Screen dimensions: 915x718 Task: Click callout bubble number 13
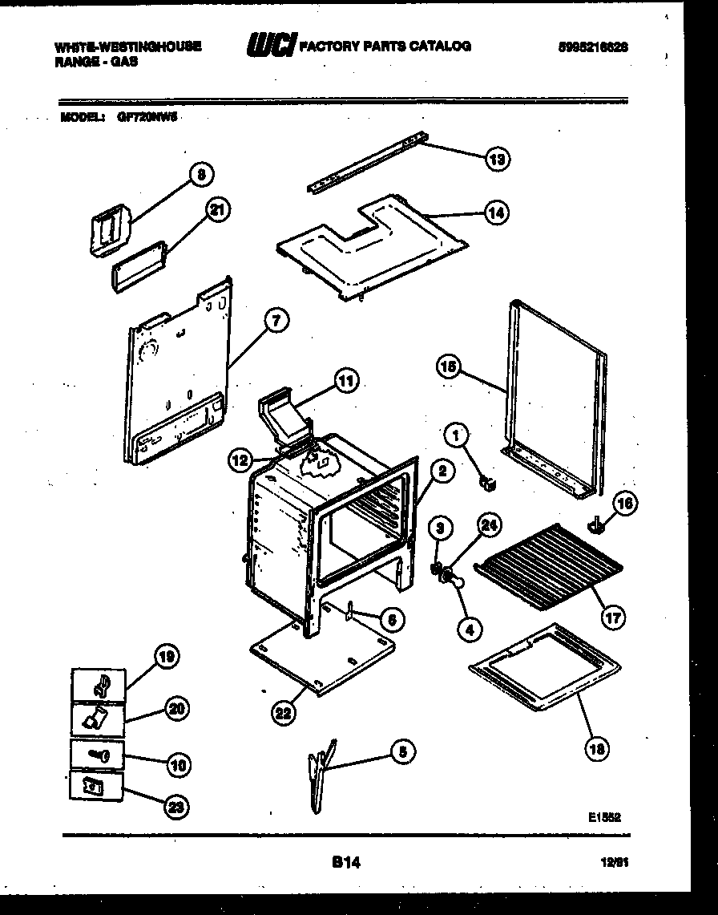click(x=497, y=159)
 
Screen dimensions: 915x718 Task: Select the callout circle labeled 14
click(x=496, y=213)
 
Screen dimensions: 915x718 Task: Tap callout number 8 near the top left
click(x=201, y=173)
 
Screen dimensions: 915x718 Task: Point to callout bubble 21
click(x=216, y=211)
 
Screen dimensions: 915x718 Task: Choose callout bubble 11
click(x=345, y=382)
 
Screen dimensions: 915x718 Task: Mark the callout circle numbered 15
click(x=449, y=367)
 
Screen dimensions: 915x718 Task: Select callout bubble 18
click(x=595, y=748)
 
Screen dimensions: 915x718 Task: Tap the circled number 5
click(x=403, y=751)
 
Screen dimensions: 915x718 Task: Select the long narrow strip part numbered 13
click(x=365, y=166)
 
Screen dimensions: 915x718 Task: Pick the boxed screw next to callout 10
click(x=98, y=755)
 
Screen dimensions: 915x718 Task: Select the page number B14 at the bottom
click(x=345, y=864)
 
